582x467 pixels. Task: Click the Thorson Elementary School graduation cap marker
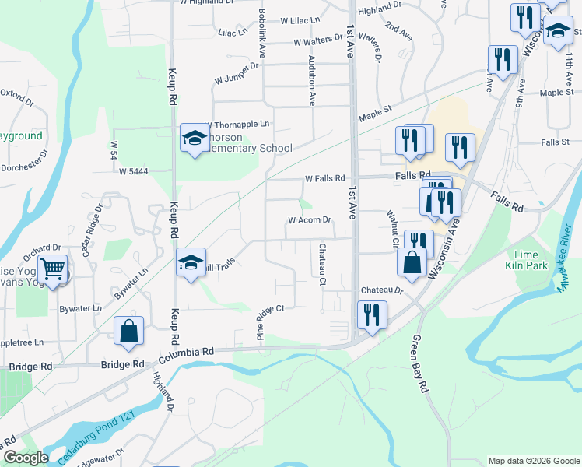[191, 139]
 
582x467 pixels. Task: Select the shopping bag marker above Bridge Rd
[128, 330]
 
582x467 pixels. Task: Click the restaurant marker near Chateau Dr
[372, 314]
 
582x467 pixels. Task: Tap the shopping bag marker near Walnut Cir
[412, 262]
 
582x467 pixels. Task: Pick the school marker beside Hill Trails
[189, 262]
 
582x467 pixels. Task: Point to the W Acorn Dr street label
[310, 220]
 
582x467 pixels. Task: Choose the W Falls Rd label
[324, 178]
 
